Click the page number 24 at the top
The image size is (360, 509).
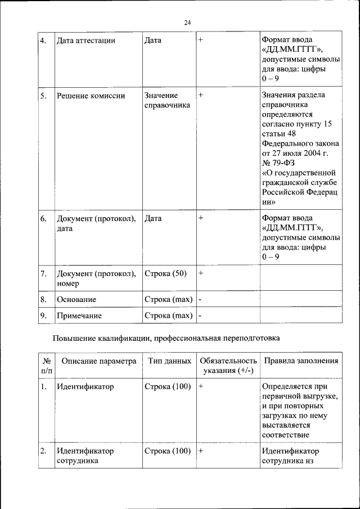188,22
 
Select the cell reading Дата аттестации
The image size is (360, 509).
86,40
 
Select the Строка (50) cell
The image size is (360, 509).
165,273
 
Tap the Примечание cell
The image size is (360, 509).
79,316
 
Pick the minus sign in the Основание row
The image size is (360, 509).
200,299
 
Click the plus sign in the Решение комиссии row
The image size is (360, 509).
201,96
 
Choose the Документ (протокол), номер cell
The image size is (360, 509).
96,278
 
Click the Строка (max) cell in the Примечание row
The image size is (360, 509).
168,316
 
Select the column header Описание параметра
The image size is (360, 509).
99,361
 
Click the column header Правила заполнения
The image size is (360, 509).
301,361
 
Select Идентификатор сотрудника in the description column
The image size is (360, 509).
85,456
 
